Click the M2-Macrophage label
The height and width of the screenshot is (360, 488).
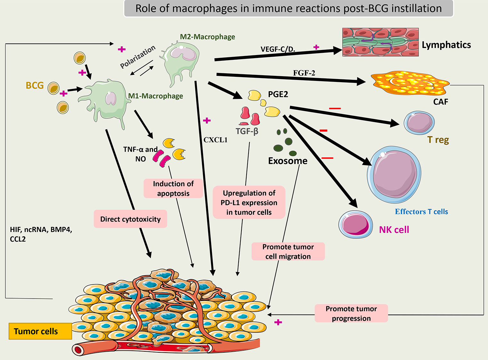[x=207, y=37]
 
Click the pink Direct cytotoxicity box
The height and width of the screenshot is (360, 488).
[x=130, y=219]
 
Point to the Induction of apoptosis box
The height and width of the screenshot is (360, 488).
[x=173, y=188]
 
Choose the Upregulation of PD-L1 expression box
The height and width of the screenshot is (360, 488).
[x=249, y=203]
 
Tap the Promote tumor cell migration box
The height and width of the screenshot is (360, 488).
[x=288, y=252]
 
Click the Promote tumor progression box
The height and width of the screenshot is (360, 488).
[x=351, y=313]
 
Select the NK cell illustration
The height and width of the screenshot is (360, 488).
[x=355, y=224]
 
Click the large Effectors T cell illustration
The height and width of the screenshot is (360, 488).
[x=394, y=174]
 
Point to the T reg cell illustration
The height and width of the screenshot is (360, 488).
[x=419, y=123]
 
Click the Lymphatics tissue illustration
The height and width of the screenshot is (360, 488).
[x=380, y=42]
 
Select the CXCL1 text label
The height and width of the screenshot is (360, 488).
[x=216, y=140]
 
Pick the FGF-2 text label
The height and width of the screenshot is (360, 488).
[x=304, y=73]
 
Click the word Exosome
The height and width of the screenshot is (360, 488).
[x=288, y=161]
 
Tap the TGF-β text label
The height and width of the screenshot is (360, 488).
[x=247, y=131]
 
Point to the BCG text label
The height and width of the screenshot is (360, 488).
[x=35, y=85]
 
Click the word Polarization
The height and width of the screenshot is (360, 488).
[x=138, y=57]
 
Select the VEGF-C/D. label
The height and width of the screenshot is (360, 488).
[x=278, y=49]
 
